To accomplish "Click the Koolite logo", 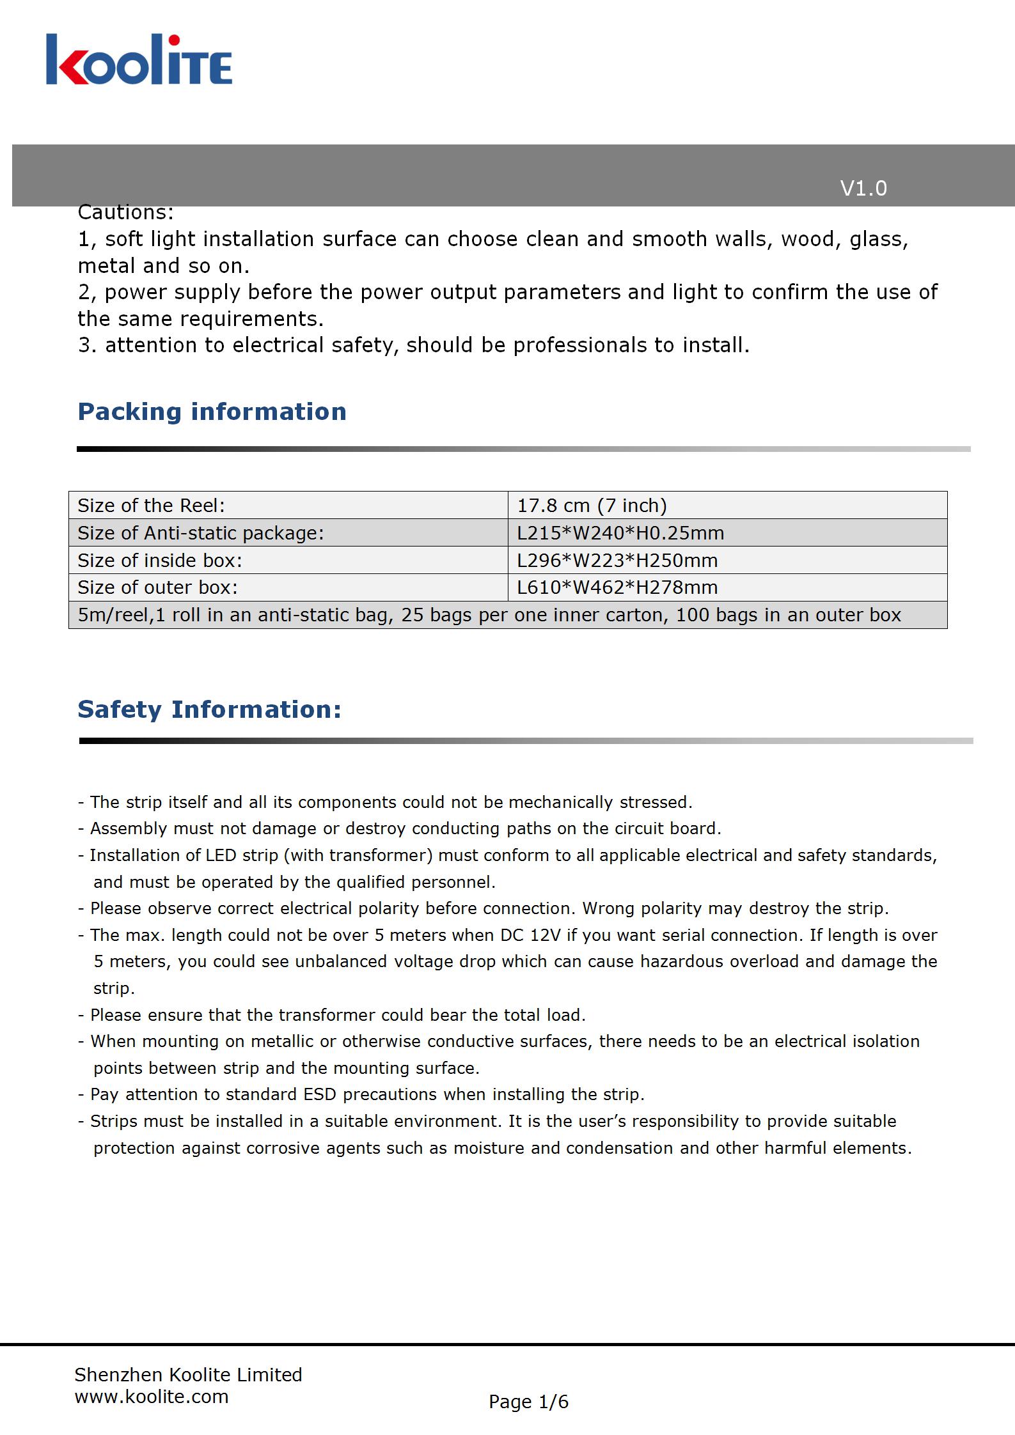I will [x=139, y=60].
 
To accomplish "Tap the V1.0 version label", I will [x=863, y=189].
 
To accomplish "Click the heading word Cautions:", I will [x=125, y=212].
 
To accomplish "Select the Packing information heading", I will [x=212, y=412].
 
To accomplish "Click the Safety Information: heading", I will [x=209, y=710].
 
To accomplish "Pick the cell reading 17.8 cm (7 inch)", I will [x=592, y=506].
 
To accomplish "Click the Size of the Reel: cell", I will [x=151, y=506].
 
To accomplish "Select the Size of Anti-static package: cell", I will [x=200, y=533].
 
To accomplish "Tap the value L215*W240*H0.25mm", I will [x=620, y=533].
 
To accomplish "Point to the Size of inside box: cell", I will [x=160, y=561].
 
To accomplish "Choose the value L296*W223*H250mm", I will [x=617, y=561].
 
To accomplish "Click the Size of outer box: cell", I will [x=157, y=587].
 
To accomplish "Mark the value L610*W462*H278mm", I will [x=617, y=587].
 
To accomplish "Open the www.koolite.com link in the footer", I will [x=152, y=1396].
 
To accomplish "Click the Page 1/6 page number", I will [x=528, y=1402].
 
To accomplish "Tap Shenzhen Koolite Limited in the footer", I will [x=188, y=1374].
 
